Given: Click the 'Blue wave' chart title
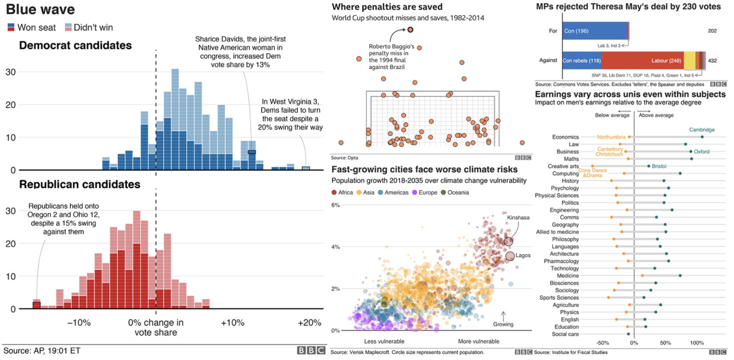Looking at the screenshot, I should [40, 9].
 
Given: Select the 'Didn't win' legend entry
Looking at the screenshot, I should [89, 27].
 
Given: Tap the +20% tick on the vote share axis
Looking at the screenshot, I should [309, 323].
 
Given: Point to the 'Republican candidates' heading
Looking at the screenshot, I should [80, 184].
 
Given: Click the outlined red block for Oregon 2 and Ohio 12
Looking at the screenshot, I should [36, 305].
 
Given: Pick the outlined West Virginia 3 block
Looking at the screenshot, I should [306, 168].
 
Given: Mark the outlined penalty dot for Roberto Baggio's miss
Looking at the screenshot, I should [410, 30].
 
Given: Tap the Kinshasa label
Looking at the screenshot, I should [518, 218].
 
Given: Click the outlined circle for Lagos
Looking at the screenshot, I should [510, 256].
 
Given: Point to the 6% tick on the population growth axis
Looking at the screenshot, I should [336, 205].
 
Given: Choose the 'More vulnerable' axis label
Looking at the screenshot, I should [479, 342].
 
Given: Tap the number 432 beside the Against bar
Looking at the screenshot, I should [712, 61].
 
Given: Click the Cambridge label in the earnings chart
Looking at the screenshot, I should [702, 130].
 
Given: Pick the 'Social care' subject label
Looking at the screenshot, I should [565, 334].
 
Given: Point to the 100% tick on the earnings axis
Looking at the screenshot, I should [697, 343].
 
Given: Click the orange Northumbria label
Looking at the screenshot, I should [611, 137].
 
